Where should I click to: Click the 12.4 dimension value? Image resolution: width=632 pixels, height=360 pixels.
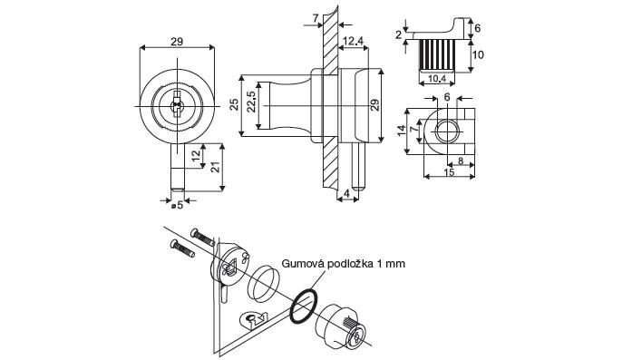pyautogui.click(x=353, y=41)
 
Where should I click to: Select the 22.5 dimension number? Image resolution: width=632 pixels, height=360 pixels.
pyautogui.click(x=250, y=102)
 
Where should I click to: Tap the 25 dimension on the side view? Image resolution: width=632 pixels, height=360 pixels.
pyautogui.click(x=234, y=105)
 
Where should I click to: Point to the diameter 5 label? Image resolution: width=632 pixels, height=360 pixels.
pyautogui.click(x=177, y=205)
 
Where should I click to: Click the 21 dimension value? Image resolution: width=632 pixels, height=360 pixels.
pyautogui.click(x=216, y=167)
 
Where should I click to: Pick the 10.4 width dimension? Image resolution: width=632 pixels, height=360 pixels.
pyautogui.click(x=436, y=79)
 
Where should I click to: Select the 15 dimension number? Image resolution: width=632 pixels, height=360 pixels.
pyautogui.click(x=449, y=172)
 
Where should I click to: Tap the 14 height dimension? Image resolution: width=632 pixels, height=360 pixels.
pyautogui.click(x=402, y=131)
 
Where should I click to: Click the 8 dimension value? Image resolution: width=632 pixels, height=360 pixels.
pyautogui.click(x=461, y=161)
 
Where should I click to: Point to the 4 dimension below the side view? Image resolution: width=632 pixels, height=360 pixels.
pyautogui.click(x=346, y=193)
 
